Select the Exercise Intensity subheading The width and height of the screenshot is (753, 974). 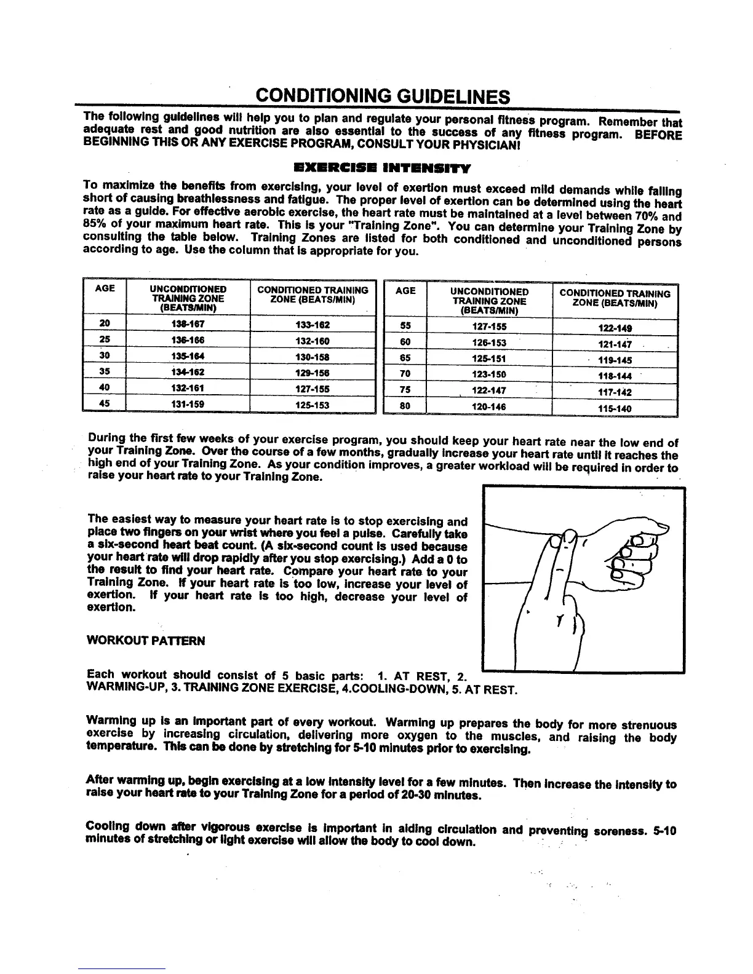pos(382,167)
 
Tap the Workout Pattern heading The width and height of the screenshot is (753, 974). pos(146,641)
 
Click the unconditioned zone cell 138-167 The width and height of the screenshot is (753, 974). pos(188,324)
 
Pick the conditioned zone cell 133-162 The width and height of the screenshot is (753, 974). pos(313,324)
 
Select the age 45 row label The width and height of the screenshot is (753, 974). pos(104,404)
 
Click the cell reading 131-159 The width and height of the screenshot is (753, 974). pos(188,404)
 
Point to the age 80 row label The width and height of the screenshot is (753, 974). pos(405,406)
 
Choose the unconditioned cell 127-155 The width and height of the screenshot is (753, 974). pos(487,327)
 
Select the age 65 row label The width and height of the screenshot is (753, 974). pos(405,358)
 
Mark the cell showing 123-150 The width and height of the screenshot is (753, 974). pos(487,374)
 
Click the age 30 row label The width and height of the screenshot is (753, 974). pos(104,356)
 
